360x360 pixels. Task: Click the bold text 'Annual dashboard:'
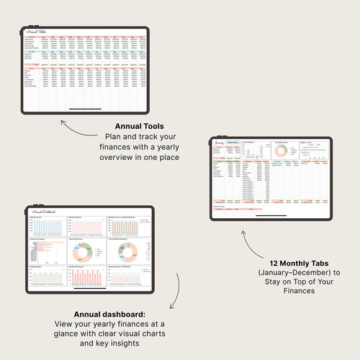pyautogui.click(x=109, y=315)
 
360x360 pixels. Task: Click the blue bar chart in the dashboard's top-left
pyautogui.click(x=47, y=227)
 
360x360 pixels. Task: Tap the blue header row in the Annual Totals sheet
pyautogui.click(x=86, y=53)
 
